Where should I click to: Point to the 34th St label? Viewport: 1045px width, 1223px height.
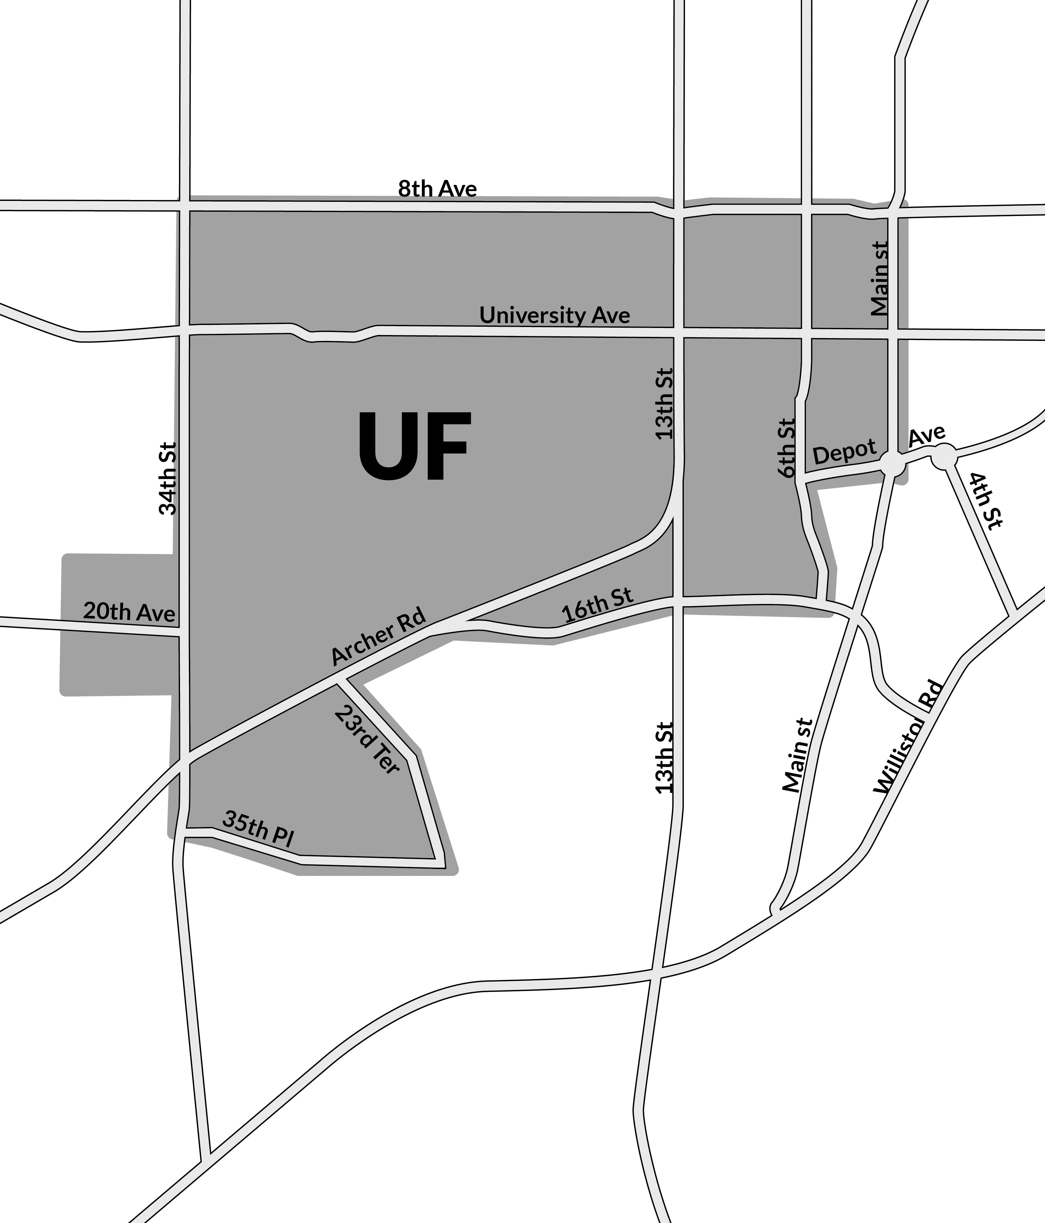(168, 479)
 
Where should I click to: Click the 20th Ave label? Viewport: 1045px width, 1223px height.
(129, 612)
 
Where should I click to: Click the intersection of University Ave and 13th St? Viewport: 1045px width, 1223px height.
(679, 332)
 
